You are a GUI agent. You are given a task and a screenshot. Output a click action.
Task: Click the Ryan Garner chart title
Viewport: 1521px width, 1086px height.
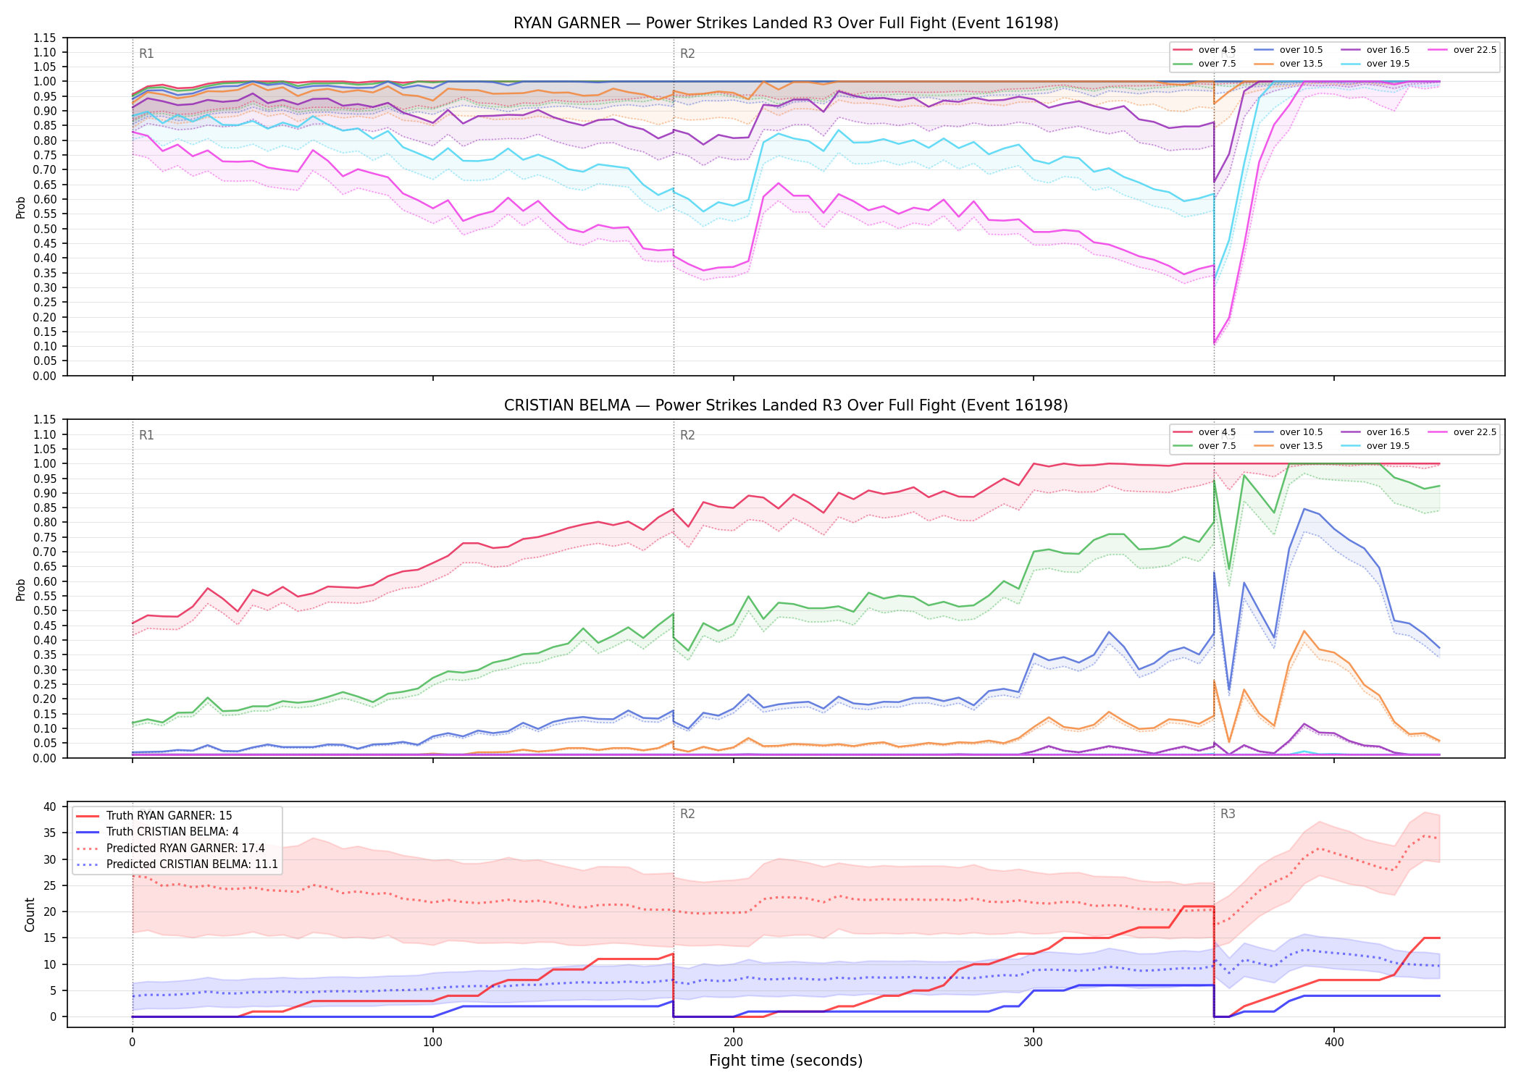786,23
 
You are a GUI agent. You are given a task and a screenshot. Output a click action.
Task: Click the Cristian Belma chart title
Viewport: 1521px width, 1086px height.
786,405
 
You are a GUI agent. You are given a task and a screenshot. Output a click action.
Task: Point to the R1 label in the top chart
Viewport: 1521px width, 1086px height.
146,54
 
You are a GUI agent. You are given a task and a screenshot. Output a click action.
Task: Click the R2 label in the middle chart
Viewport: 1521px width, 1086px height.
687,435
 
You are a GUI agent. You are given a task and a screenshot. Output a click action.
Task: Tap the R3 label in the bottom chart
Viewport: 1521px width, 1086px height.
1228,814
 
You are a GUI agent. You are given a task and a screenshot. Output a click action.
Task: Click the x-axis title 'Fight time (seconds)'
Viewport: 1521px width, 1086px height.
786,1061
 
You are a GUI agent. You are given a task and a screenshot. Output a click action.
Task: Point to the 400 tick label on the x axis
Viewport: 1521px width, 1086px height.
1333,1043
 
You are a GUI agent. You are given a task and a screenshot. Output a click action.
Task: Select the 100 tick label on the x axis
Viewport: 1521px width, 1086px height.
432,1043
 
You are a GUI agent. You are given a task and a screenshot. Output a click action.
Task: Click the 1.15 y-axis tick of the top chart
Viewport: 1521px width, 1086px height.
45,38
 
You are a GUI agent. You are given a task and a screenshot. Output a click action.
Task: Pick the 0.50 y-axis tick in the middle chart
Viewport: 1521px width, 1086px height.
45,610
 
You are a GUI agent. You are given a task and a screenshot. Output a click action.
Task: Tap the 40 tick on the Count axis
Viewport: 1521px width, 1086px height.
50,807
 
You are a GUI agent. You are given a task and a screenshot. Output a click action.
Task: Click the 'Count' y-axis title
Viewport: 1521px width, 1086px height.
30,914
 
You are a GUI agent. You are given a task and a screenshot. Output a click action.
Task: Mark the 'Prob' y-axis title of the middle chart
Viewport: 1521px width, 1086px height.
20,589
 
